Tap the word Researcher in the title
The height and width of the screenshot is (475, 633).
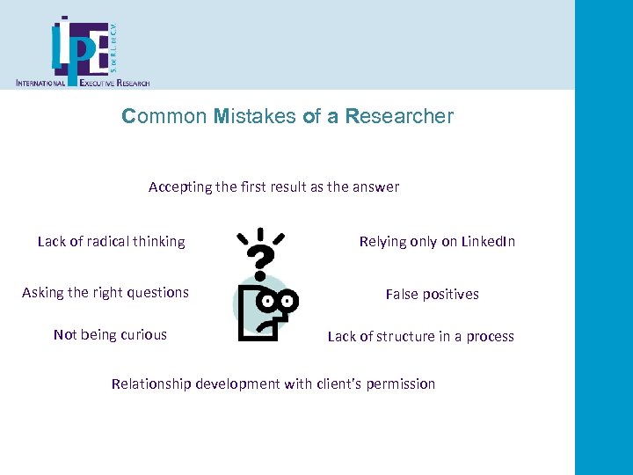click(400, 116)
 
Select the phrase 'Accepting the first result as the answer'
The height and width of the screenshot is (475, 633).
click(273, 186)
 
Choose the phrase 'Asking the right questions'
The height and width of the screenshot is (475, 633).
click(105, 292)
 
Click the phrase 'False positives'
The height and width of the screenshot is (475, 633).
click(433, 294)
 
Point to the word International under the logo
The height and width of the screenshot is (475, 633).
click(41, 83)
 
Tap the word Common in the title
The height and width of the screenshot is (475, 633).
click(165, 116)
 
